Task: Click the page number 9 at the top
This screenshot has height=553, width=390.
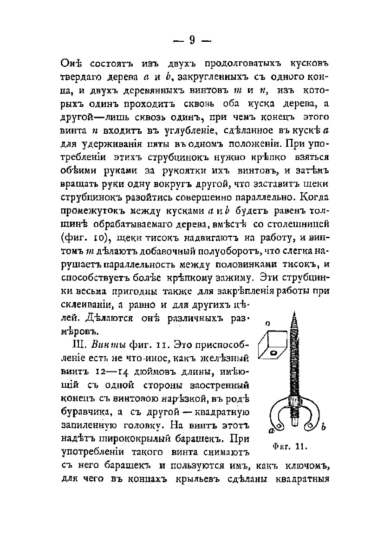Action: click(191, 40)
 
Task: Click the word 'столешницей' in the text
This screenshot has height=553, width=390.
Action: click(300, 225)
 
